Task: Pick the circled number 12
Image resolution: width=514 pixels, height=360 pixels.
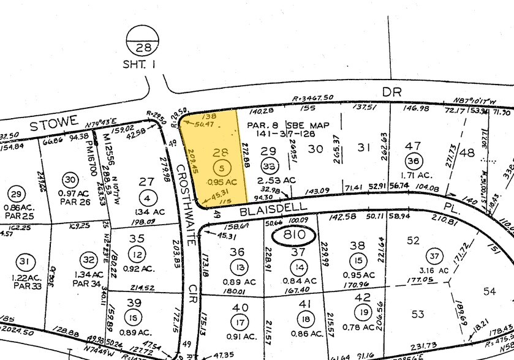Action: (x=137, y=254)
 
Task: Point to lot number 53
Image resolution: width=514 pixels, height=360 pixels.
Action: (x=417, y=314)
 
